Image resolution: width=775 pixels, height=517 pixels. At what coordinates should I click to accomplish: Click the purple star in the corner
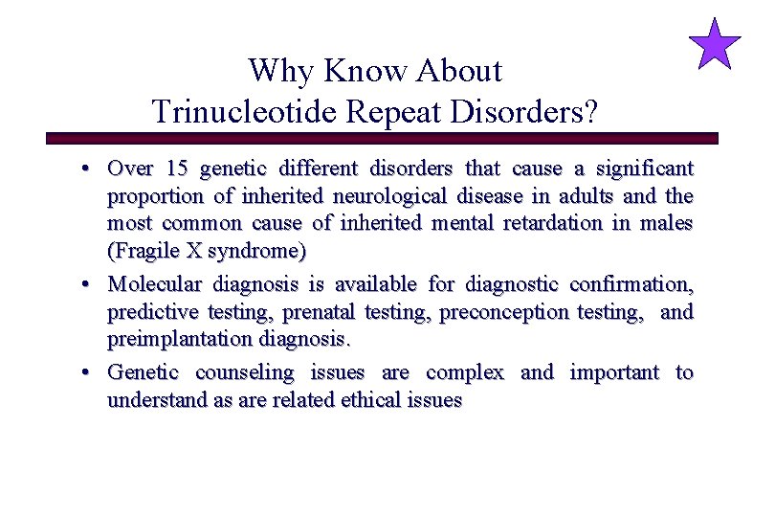715,45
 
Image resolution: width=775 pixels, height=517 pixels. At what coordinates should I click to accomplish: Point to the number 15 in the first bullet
176,169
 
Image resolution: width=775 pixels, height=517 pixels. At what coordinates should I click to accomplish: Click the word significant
646,169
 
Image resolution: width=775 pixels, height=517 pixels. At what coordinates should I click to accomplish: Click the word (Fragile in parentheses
139,253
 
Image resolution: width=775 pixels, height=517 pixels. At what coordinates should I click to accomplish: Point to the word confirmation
631,284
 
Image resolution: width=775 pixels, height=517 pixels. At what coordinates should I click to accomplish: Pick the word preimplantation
174,340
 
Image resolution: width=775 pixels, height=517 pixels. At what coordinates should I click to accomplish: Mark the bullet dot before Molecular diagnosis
86,285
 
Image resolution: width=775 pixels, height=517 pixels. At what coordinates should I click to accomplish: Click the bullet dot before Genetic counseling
86,372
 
